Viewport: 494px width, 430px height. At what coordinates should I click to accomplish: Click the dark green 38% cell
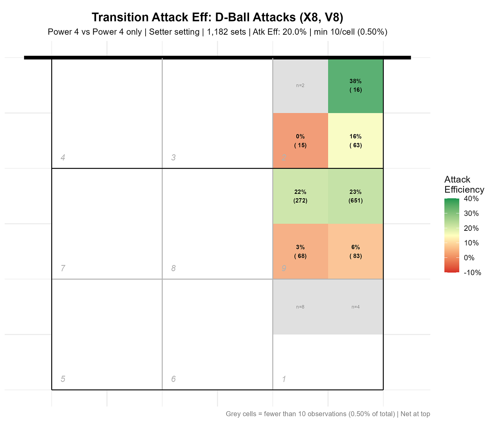click(355, 86)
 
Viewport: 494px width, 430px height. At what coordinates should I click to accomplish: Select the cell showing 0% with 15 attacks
click(300, 141)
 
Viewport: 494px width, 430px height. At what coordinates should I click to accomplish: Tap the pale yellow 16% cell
click(355, 141)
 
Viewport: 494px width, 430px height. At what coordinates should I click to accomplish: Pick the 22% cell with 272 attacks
click(300, 196)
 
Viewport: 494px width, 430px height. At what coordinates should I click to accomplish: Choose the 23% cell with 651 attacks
click(355, 196)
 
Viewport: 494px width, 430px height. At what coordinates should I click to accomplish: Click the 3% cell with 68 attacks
click(300, 252)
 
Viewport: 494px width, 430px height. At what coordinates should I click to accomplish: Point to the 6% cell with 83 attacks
click(355, 252)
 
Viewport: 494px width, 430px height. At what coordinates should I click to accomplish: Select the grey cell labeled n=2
click(300, 86)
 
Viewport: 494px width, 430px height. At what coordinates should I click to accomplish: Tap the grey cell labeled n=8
click(300, 307)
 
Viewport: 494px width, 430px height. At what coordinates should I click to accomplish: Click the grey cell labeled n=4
click(355, 307)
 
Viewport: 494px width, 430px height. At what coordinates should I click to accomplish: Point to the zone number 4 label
click(63, 157)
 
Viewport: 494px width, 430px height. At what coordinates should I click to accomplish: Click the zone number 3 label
click(173, 157)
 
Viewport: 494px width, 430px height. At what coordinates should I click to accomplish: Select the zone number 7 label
click(63, 268)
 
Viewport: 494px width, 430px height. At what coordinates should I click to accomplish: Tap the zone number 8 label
click(173, 268)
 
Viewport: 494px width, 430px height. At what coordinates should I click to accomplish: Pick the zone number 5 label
click(63, 379)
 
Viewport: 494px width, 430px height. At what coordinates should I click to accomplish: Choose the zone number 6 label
click(173, 379)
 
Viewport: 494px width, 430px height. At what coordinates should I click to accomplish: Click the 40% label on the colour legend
click(471, 199)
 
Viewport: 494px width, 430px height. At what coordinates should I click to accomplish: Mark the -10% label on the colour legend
click(472, 272)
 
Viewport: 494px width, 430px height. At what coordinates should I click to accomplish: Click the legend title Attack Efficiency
click(464, 184)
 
